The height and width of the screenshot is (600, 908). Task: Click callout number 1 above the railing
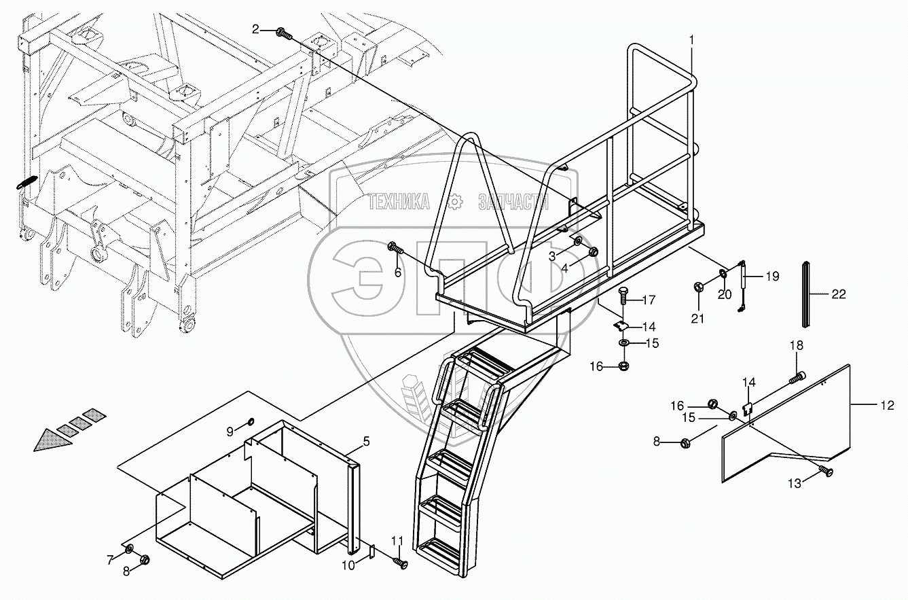(691, 40)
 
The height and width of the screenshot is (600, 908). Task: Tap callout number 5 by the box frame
(365, 442)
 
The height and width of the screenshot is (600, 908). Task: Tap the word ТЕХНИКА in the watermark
(399, 201)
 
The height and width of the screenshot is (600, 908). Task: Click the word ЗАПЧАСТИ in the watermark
(513, 201)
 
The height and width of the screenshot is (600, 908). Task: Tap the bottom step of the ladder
(440, 546)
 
